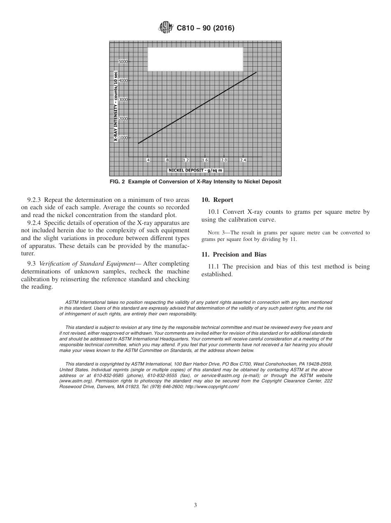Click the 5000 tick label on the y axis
pyautogui.click(x=123, y=62)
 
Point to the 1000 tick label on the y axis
pyautogui.click(x=123, y=138)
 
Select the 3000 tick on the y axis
pyautogui.click(x=123, y=100)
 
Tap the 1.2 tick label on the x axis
pyautogui.click(x=186, y=160)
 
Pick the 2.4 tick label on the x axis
pyautogui.click(x=243, y=160)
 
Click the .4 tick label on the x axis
pyautogui.click(x=148, y=160)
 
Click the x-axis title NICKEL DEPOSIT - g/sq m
pyautogui.click(x=195, y=170)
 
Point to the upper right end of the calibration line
pyautogui.click(x=256, y=72)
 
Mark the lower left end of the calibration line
pyautogui.click(x=138, y=143)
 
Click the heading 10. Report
pyautogui.click(x=217, y=200)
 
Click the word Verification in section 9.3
pyautogui.click(x=54, y=264)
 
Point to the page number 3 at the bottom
pyautogui.click(x=195, y=505)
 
